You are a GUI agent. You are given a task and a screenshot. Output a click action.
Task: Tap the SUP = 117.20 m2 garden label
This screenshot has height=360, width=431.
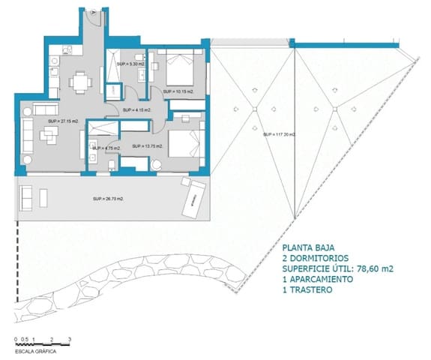[280, 135]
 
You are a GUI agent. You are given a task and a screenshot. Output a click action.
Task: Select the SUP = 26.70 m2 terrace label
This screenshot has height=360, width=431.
[108, 199]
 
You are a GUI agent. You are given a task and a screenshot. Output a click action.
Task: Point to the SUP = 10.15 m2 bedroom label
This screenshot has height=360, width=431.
[180, 91]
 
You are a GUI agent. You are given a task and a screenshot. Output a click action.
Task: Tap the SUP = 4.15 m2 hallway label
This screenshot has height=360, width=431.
[137, 110]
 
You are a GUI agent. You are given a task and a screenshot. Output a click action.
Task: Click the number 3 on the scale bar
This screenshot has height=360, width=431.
[69, 340]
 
